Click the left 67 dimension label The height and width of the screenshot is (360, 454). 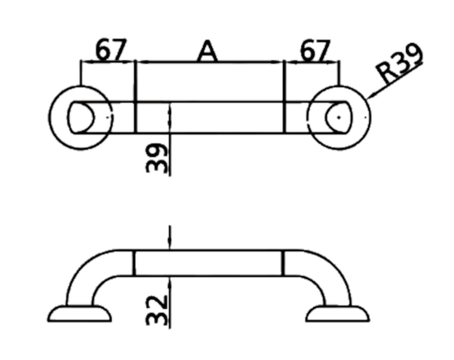pos(110,50)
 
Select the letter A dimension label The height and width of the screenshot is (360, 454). pos(207,52)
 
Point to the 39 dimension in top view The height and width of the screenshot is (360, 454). pos(158,158)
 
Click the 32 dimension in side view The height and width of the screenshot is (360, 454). pos(158,310)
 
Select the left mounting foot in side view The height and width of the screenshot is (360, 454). pos(80,314)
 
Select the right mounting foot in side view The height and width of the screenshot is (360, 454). pos(338,314)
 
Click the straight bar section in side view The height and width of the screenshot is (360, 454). pos(208,263)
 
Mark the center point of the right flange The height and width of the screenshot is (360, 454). pos(338,117)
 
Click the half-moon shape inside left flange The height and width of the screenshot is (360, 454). pos(80,117)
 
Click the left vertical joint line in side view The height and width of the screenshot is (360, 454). pos(134,263)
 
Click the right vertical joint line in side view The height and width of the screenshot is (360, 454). pos(284,263)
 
